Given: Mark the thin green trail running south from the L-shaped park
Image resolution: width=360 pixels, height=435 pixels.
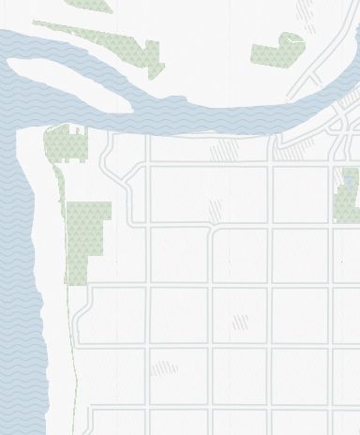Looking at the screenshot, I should [x=72, y=337].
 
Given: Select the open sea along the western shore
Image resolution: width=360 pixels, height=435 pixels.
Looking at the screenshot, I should [x=17, y=281].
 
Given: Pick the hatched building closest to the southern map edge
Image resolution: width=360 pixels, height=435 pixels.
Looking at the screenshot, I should [x=163, y=368].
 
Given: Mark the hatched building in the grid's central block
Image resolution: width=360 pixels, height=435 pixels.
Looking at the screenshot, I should [x=240, y=322].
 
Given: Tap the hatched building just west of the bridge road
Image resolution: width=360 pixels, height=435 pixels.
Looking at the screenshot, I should [x=224, y=150].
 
